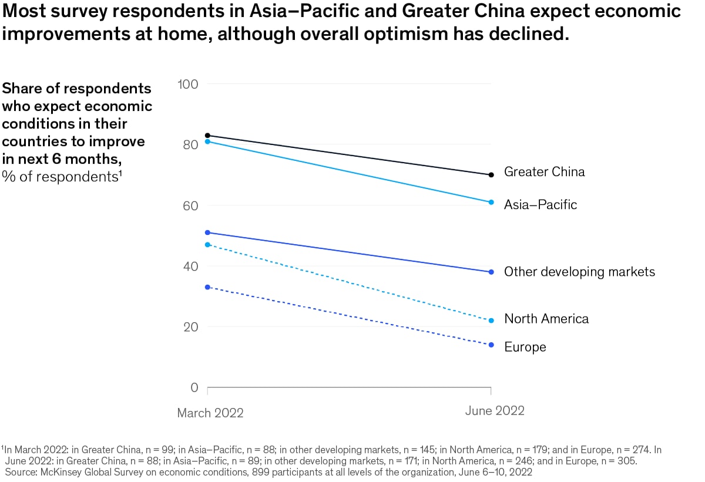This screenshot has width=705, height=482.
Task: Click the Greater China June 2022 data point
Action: (491, 174)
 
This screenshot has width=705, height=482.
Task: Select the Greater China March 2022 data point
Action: (207, 136)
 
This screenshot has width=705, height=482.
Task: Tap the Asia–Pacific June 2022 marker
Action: (491, 202)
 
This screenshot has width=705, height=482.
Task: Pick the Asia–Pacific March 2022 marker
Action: (207, 141)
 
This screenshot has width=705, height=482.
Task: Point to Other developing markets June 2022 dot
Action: (491, 272)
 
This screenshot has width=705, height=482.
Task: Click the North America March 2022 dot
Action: (207, 244)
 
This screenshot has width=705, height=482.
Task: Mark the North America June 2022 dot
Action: (491, 321)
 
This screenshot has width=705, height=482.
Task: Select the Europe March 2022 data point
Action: (207, 287)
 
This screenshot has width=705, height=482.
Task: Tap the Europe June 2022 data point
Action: (491, 345)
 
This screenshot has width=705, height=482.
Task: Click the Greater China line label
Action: (545, 172)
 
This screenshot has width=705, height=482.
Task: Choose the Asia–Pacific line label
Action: (540, 204)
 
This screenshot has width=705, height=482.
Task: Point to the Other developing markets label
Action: (579, 272)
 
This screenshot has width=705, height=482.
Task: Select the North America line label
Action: (546, 319)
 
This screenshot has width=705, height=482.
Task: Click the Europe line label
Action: (525, 347)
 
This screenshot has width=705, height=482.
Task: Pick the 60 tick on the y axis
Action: (190, 205)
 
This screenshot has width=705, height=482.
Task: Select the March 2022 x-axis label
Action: (210, 413)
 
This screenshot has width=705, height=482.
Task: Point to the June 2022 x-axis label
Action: (495, 410)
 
